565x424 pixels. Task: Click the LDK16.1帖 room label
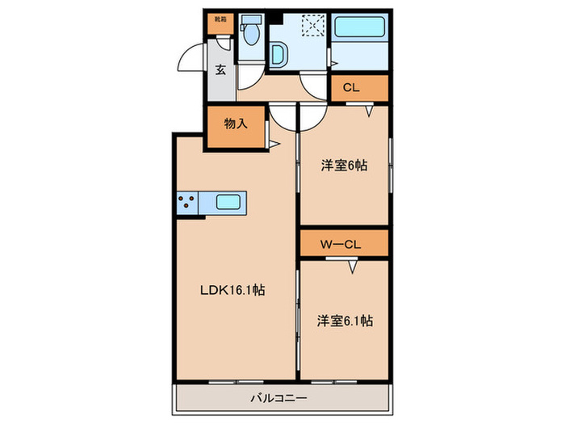tap(232, 290)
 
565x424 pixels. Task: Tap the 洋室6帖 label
tap(344, 166)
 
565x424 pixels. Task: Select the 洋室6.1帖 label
tap(345, 321)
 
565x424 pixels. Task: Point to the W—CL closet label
tap(341, 245)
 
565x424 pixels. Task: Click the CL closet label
tap(351, 87)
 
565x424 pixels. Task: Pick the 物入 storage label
tap(236, 124)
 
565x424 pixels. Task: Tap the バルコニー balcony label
tap(279, 398)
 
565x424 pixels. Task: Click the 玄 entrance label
tap(220, 69)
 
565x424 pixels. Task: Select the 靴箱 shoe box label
tap(220, 19)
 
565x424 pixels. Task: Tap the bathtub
tap(360, 27)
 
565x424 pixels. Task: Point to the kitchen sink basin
tap(228, 202)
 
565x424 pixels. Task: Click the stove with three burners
tap(187, 202)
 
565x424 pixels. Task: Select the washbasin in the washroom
tap(278, 55)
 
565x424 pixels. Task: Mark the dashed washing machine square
tap(313, 25)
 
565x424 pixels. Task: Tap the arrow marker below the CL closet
tap(369, 111)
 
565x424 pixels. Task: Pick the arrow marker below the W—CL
tap(354, 267)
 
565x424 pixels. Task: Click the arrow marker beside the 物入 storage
tap(274, 145)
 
